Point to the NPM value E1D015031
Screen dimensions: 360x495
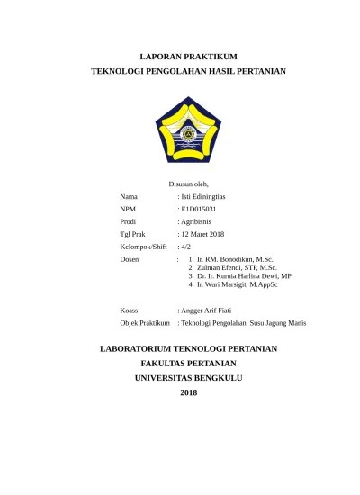(x=199, y=208)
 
